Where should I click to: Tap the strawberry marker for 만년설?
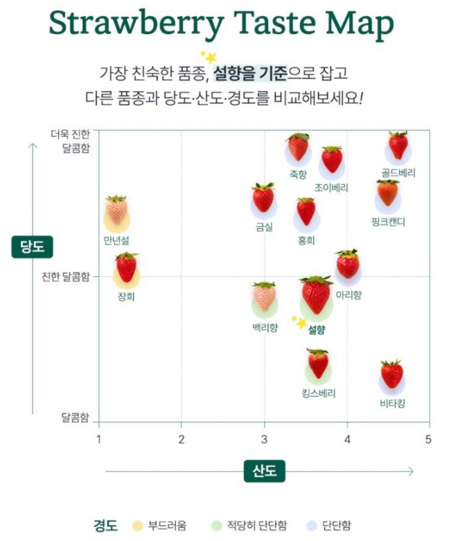point(116,212)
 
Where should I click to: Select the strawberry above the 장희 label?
point(126,268)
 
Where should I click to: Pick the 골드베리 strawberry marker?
point(398,146)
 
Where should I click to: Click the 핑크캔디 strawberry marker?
point(387,194)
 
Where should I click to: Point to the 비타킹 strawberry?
point(391,375)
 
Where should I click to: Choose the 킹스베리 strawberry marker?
point(318,364)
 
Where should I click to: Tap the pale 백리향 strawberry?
point(264,297)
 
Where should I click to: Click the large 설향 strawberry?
point(317,295)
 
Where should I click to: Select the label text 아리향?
point(348,295)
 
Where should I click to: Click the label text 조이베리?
point(331,188)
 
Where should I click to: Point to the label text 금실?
point(264,227)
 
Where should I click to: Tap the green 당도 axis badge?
point(32,247)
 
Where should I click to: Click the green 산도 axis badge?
point(264,472)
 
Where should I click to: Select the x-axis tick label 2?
point(182,439)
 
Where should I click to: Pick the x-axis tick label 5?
point(428,439)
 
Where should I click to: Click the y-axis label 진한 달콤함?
point(65,277)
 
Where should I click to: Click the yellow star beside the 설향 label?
point(301,322)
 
